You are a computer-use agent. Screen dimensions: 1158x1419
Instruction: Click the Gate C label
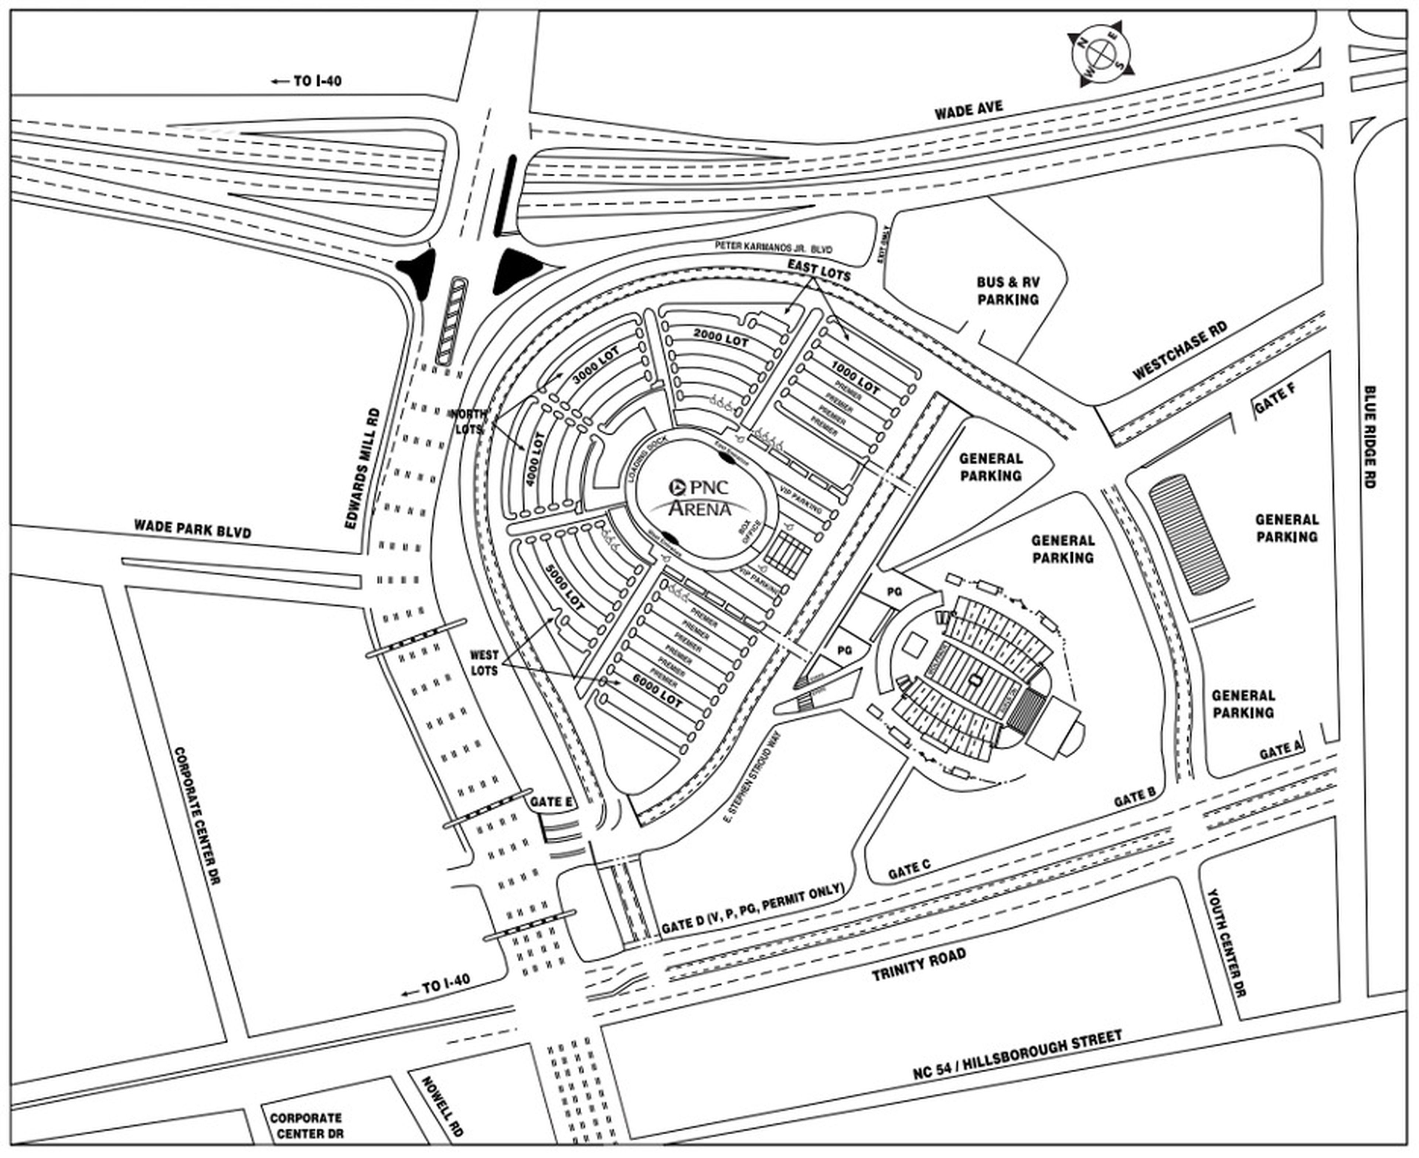coord(909,869)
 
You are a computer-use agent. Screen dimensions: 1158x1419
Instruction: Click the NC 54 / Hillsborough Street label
coord(1017,1053)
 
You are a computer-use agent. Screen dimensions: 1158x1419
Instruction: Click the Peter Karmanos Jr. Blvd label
coord(774,247)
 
